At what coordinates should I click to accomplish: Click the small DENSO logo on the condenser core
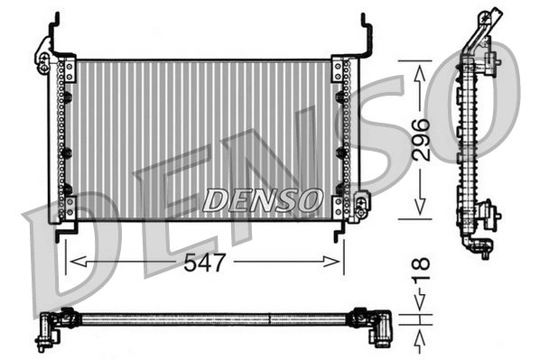pyautogui.click(x=262, y=198)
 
